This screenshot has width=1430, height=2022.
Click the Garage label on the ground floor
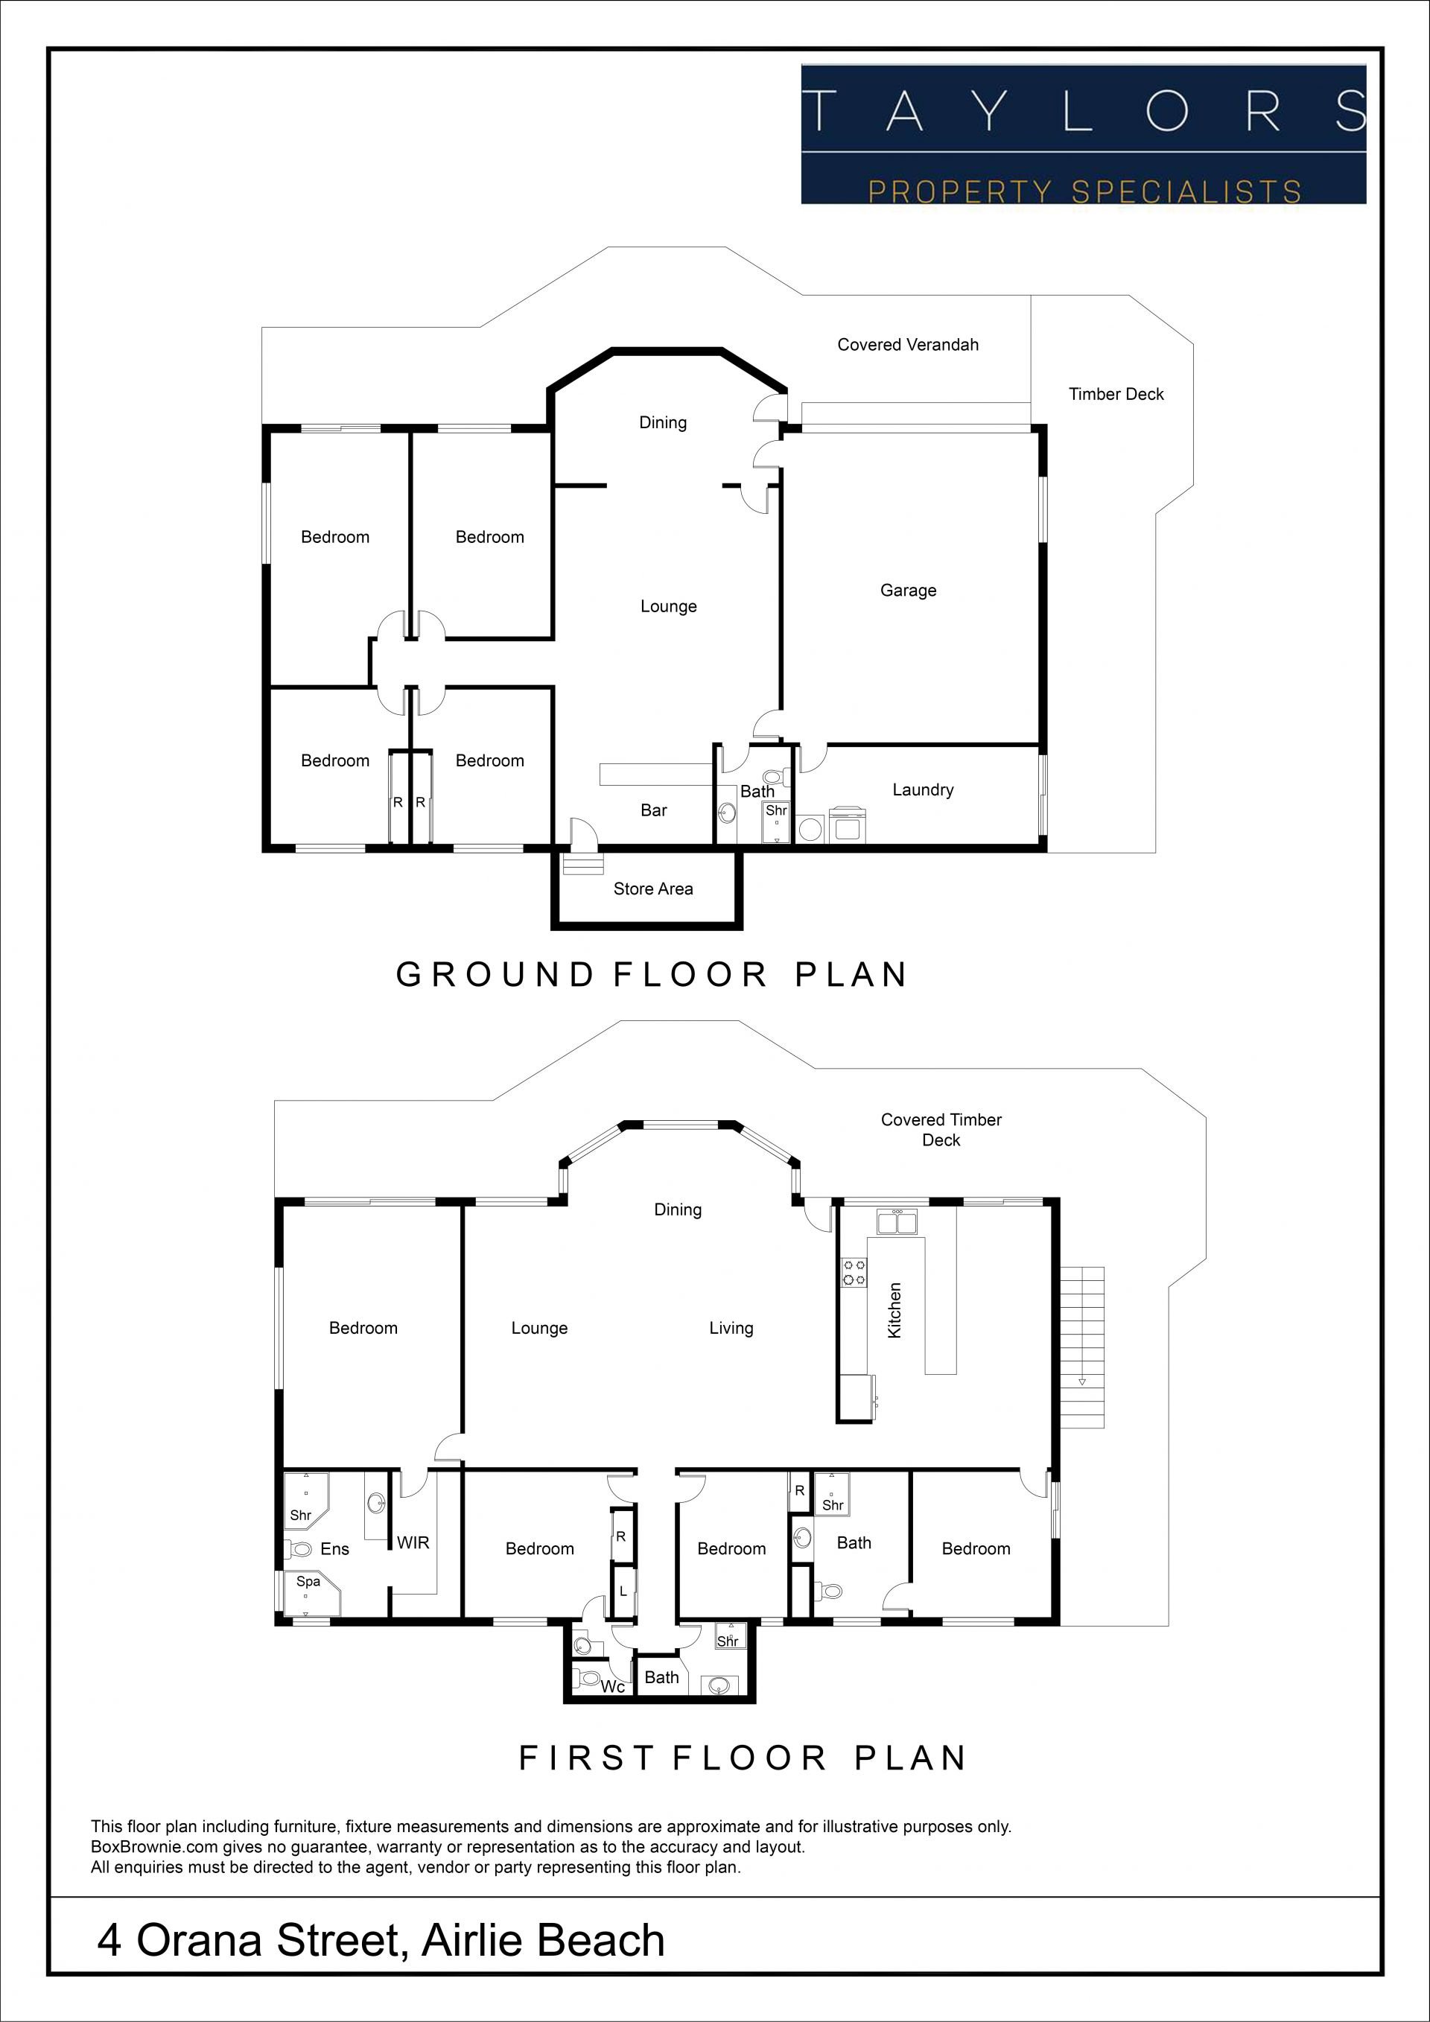[x=908, y=590]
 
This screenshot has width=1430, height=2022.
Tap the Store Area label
[x=652, y=888]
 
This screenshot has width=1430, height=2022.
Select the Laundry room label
[x=923, y=790]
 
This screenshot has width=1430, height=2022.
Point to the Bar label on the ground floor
[x=653, y=810]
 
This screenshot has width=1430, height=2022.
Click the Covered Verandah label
[x=908, y=344]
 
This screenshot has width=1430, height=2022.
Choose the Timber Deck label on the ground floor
[x=1116, y=394]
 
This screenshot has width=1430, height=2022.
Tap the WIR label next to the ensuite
[x=413, y=1542]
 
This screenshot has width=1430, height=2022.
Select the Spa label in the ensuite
[x=308, y=1581]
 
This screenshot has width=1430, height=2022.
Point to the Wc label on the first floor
[x=613, y=1686]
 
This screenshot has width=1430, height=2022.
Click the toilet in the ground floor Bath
[x=775, y=778]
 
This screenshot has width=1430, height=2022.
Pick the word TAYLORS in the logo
[x=1084, y=111]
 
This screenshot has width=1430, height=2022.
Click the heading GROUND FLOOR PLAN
[x=652, y=975]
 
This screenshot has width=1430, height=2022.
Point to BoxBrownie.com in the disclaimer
[x=145, y=1848]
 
